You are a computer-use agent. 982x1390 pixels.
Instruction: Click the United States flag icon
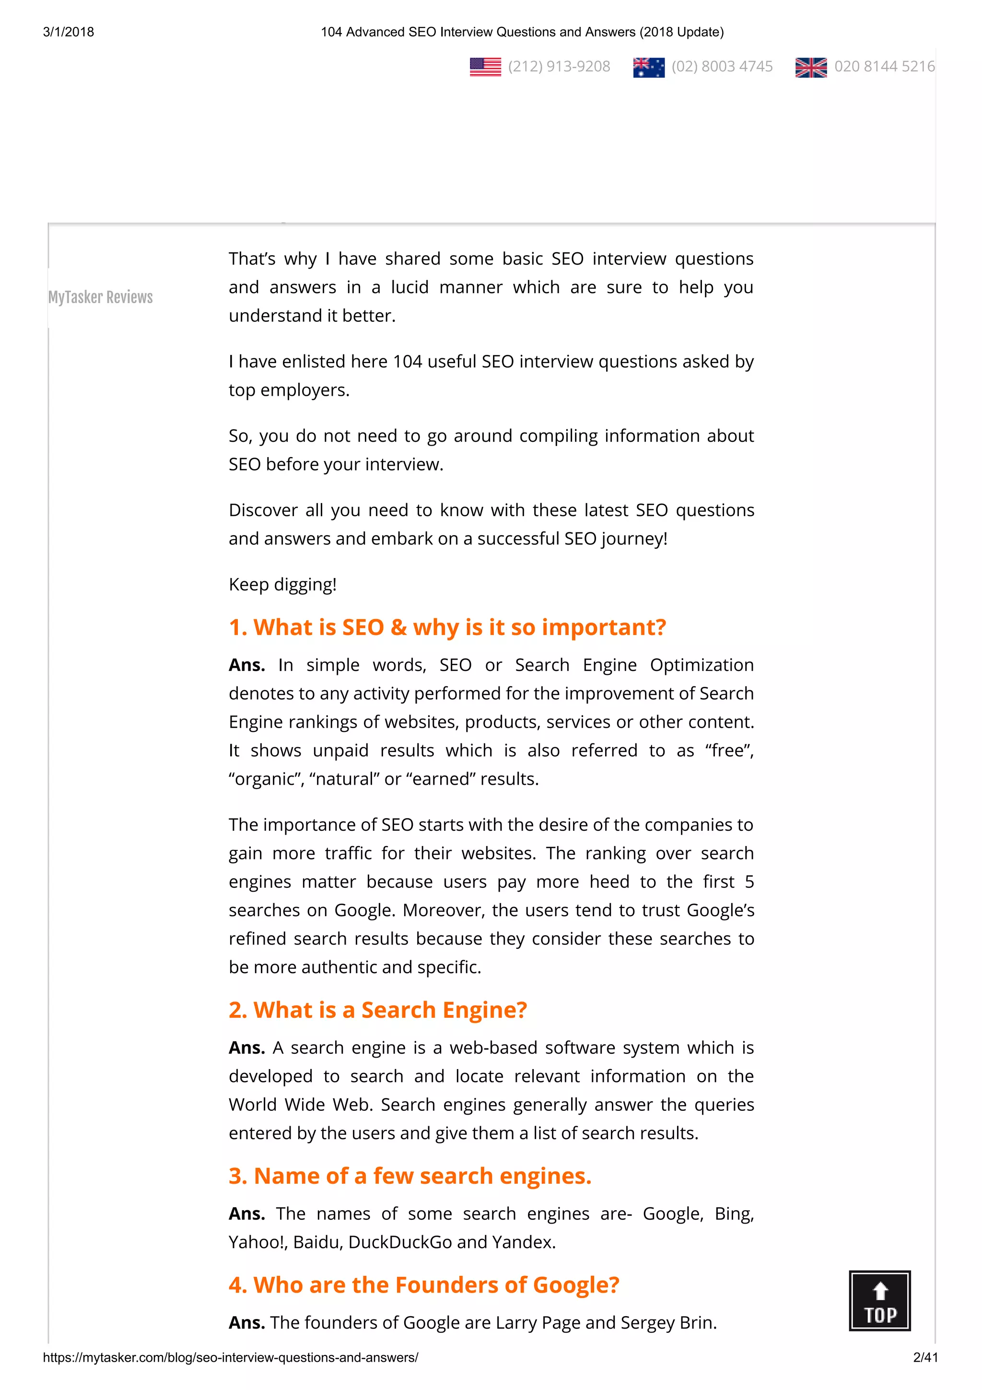485,67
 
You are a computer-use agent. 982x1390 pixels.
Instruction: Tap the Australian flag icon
649,67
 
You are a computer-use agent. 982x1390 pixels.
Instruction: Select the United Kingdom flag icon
811,67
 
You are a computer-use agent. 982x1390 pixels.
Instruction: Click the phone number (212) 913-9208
559,67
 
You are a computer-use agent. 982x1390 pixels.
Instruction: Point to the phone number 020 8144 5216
884,67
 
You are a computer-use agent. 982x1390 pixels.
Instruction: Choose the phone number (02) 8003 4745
722,67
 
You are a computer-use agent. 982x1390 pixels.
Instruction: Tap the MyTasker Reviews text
100,297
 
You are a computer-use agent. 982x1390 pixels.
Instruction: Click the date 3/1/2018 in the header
69,32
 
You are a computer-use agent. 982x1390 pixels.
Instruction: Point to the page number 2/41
925,1357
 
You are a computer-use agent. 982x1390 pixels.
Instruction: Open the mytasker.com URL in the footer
231,1357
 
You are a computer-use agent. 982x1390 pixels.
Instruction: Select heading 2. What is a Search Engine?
377,1011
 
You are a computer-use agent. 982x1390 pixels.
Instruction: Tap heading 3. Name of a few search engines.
409,1176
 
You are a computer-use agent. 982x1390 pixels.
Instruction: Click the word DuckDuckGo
400,1242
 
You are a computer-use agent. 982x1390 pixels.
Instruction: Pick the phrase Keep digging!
282,585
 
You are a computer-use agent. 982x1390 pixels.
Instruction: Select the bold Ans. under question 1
247,665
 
